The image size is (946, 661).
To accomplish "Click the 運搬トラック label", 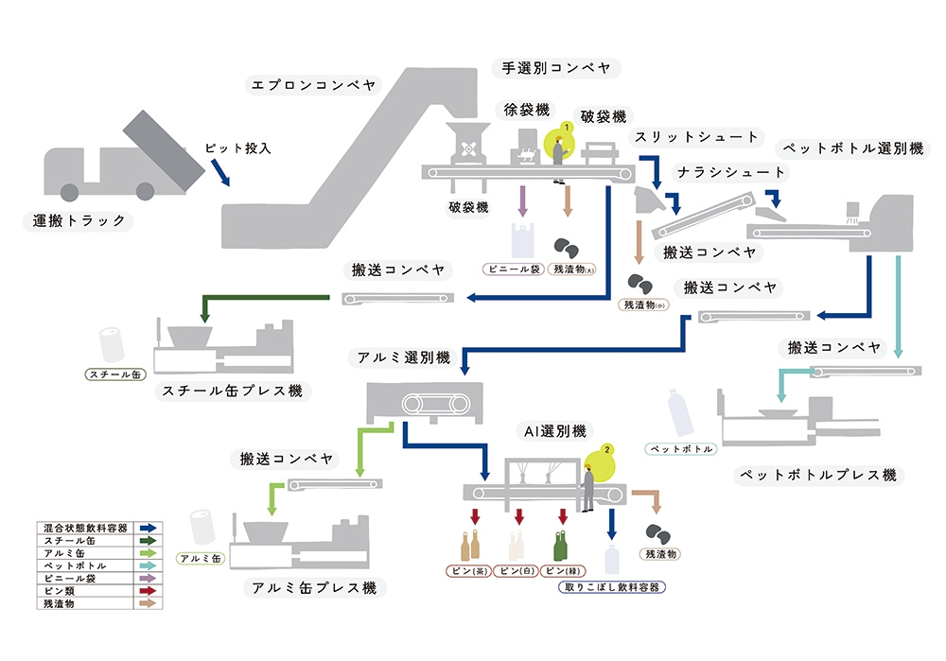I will click(x=79, y=221).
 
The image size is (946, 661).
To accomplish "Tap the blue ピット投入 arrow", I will click(x=219, y=172).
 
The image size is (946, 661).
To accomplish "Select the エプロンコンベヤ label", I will click(x=312, y=85).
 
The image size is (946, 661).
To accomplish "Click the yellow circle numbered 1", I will click(x=565, y=127).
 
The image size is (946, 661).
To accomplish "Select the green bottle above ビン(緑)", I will click(x=562, y=548).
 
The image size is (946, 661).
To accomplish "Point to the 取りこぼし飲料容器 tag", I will click(x=611, y=587).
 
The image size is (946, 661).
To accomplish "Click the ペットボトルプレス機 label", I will click(x=818, y=474).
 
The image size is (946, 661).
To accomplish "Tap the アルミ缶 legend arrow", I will click(x=149, y=552).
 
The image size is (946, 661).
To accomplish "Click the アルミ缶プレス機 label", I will click(x=314, y=587).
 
